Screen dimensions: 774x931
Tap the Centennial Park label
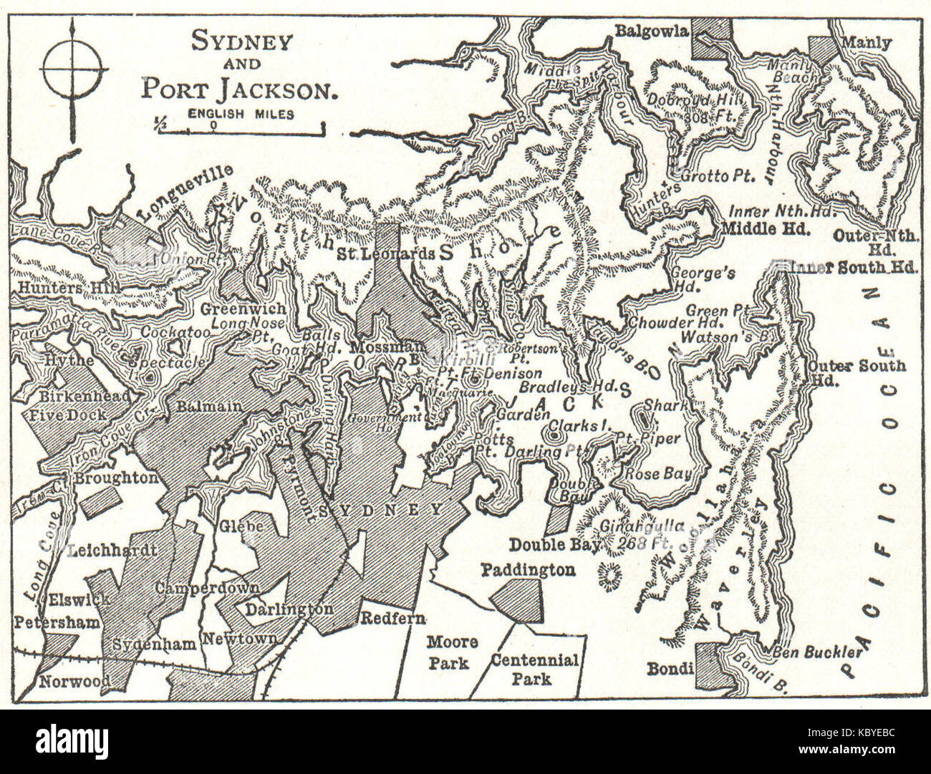tap(534, 668)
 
